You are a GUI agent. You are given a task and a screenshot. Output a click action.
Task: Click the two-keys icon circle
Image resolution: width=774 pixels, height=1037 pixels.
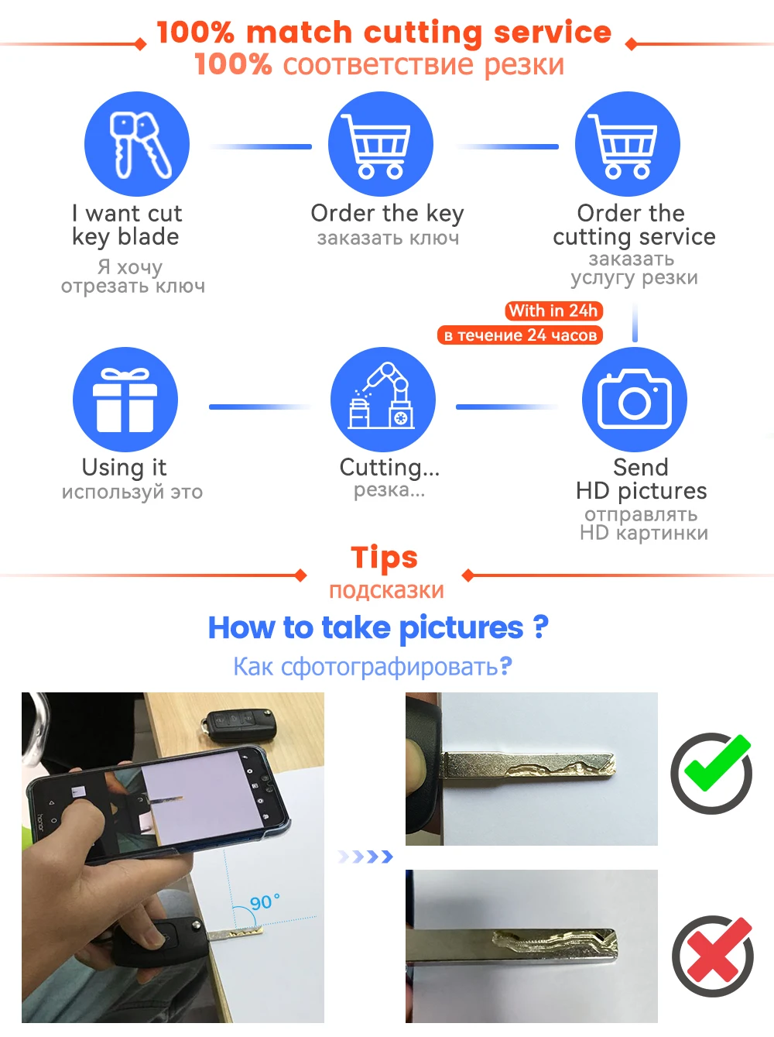[x=137, y=144]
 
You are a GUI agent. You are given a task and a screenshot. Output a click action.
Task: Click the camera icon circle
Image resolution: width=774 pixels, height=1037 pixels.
[x=635, y=400]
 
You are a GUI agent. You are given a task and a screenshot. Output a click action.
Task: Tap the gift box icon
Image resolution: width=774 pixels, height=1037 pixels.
[x=125, y=400]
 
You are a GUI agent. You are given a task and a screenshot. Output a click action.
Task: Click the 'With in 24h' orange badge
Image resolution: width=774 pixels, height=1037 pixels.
[x=553, y=311]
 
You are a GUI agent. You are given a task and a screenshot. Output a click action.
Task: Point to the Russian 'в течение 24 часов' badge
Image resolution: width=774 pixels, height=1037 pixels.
[x=520, y=335]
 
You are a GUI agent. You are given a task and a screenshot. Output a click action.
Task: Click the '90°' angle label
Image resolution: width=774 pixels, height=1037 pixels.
[x=265, y=902]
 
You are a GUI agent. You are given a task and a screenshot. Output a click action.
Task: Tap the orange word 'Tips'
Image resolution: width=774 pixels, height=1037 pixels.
[x=384, y=557]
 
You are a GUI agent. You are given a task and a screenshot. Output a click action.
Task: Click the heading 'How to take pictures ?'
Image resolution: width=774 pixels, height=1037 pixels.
[x=378, y=628]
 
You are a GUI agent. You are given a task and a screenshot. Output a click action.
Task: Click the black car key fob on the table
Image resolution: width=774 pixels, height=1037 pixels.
[x=238, y=724]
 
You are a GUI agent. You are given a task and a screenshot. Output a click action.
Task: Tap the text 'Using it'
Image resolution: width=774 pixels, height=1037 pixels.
[x=124, y=468]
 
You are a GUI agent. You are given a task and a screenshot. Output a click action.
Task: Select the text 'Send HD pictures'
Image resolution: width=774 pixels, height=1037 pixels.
[x=642, y=479]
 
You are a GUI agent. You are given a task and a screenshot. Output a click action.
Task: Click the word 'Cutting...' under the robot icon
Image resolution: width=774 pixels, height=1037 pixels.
[x=389, y=468]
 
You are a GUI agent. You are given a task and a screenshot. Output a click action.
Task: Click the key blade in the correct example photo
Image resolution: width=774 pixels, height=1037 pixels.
[x=528, y=764]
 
